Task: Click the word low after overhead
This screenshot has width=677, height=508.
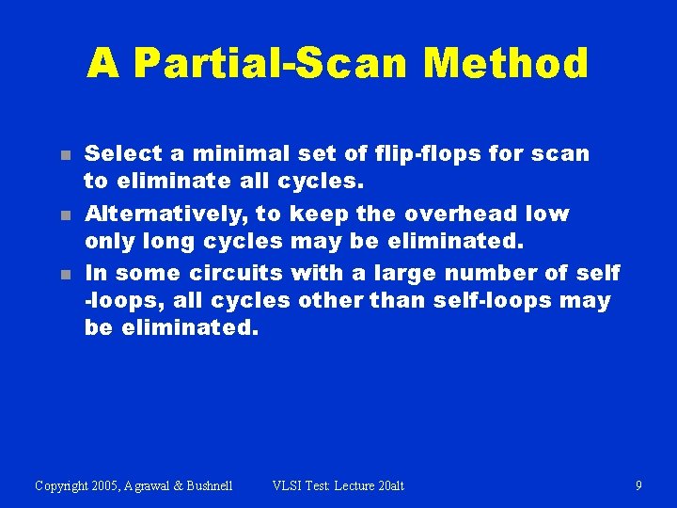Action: (x=547, y=214)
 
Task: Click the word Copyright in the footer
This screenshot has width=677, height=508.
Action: (x=62, y=486)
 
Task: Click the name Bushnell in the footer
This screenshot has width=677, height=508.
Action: (x=209, y=486)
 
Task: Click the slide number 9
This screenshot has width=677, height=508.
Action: (x=638, y=486)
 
